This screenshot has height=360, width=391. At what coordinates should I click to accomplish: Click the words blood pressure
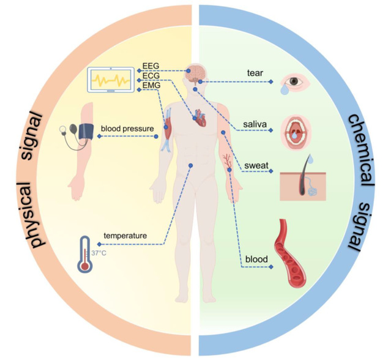(x=127, y=129)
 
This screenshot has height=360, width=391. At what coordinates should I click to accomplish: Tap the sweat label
(x=255, y=164)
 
